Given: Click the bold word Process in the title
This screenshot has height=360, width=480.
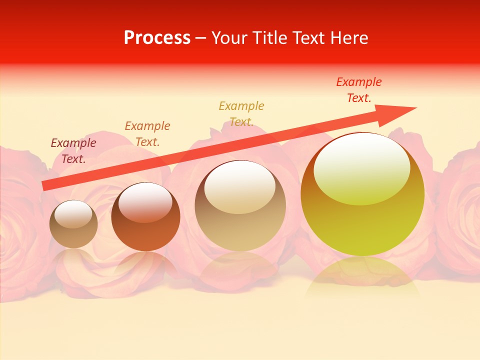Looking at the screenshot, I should pos(157,38).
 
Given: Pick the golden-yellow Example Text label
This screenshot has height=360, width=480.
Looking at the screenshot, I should pos(241,113).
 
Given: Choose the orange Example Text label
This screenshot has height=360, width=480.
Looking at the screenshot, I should pos(147,133).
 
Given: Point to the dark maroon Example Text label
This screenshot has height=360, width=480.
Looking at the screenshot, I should pos(73,150).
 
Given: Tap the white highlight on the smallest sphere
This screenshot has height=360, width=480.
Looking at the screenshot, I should pos(73,213).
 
